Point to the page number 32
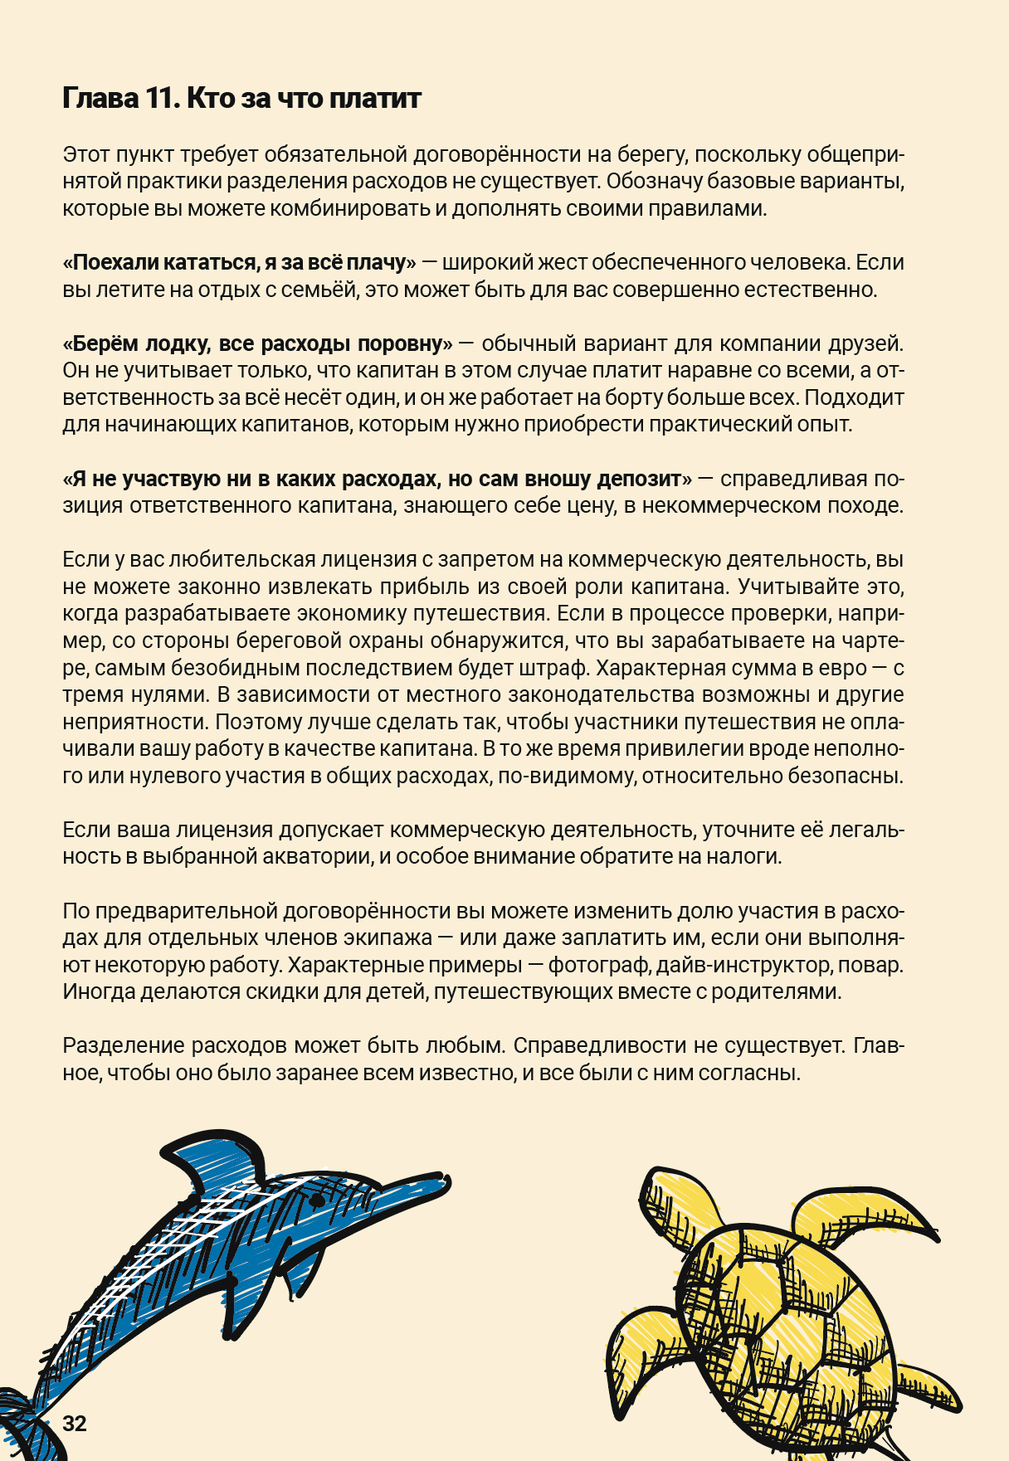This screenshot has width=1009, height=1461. click(75, 1424)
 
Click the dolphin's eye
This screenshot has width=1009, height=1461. click(316, 1200)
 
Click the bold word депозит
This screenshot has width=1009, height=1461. click(644, 479)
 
